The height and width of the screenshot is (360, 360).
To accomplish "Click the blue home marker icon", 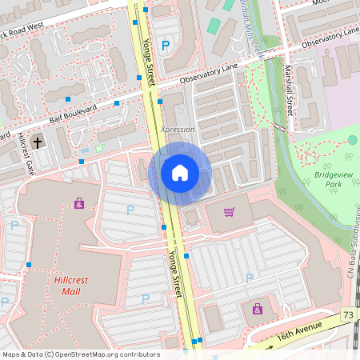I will [180, 172].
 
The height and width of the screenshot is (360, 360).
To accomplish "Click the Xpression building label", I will [177, 129].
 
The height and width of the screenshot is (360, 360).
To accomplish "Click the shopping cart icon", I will [230, 212].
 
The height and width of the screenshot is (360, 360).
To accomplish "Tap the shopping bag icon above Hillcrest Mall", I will [78, 203].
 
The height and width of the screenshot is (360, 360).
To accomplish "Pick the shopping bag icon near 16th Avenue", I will [257, 308].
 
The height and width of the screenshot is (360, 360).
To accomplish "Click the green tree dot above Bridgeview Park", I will [352, 140].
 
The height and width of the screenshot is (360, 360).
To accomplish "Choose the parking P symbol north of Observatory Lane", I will [166, 46].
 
